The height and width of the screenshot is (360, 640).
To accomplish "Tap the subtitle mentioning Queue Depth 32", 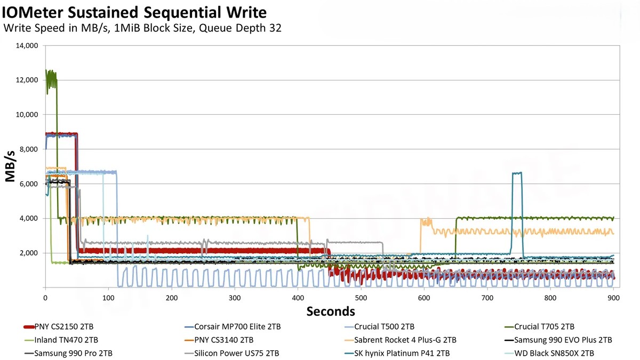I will [x=142, y=28].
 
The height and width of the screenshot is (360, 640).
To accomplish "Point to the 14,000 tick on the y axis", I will [x=25, y=46].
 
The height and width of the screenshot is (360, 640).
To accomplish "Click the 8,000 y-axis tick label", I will [x=27, y=149].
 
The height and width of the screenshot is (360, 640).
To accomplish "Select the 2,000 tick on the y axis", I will [x=27, y=253].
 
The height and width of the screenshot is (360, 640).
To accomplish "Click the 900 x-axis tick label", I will [x=613, y=298].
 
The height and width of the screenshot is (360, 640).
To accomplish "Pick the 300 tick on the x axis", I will [x=235, y=298].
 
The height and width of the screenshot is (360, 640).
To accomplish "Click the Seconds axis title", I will [x=331, y=311].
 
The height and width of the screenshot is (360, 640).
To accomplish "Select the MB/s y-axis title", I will [x=11, y=166].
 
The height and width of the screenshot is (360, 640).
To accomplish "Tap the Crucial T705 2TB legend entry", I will [x=543, y=326].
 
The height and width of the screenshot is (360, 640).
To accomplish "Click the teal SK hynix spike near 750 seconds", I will [x=516, y=173].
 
